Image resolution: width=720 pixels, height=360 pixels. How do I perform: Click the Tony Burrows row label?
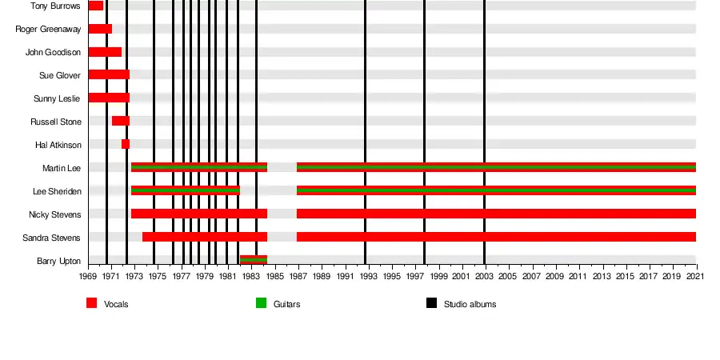55,6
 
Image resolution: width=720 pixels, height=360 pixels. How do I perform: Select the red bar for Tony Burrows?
95,6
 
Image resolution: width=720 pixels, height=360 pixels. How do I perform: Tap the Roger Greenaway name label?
47,29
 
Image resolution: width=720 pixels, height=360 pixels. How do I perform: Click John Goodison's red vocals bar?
105,52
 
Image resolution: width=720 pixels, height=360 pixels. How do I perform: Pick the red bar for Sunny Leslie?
109,98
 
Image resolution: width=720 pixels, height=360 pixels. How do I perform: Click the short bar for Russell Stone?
120,121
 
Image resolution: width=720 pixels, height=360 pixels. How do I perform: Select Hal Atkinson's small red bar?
126,144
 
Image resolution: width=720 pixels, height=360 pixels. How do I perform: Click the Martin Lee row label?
61,168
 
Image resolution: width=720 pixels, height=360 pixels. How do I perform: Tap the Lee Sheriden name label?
57,191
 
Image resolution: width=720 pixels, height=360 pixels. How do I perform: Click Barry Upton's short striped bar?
254,260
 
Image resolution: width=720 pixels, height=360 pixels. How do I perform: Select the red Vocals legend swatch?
92,303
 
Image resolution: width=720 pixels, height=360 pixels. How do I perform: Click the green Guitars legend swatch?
261,303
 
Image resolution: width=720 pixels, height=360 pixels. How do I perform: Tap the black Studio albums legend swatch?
431,303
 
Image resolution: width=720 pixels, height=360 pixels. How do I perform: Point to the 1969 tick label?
88,277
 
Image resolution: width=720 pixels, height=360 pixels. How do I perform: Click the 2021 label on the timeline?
696,277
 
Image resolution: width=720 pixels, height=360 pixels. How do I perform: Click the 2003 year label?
485,277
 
